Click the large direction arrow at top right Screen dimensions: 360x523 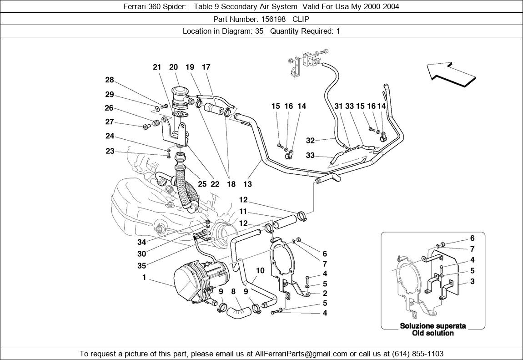point(451,73)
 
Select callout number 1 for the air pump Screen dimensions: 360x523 point(144,277)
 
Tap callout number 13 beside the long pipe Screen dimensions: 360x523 point(247,184)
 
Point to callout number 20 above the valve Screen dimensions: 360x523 point(173,67)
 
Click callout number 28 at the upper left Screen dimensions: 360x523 point(109,80)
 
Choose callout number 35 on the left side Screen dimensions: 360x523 point(142,266)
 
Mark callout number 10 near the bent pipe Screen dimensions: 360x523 point(260,270)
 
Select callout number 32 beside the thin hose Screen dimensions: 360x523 point(310,140)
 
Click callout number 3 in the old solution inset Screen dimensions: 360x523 point(473,282)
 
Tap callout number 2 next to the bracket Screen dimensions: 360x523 point(325,293)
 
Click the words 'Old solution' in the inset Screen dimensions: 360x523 point(433,333)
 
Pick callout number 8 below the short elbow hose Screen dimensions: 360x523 point(233,291)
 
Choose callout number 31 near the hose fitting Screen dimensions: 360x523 point(338,106)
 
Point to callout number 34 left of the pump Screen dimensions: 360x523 point(142,242)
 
